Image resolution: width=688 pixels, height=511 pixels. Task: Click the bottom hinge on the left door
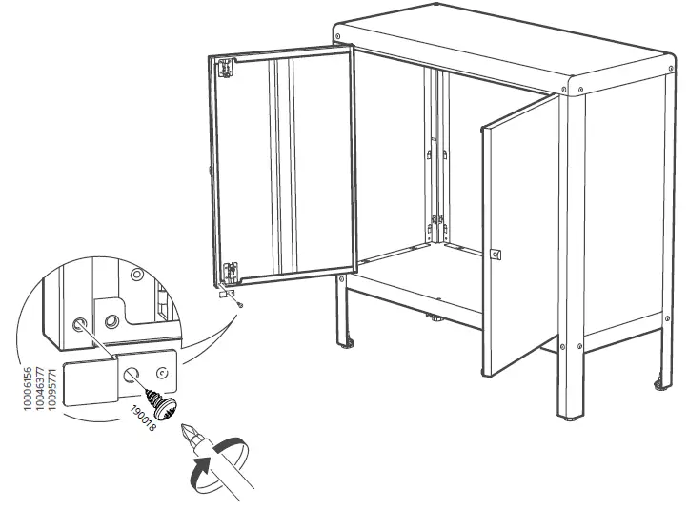click(229, 273)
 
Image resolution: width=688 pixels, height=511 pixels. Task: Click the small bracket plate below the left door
click(226, 295)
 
